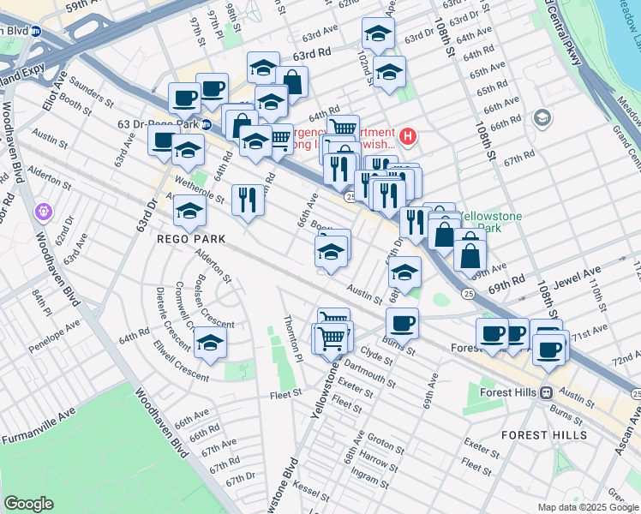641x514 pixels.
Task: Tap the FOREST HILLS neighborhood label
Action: coord(537,435)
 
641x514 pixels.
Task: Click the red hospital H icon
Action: coord(408,135)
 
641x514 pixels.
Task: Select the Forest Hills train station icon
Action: coord(546,392)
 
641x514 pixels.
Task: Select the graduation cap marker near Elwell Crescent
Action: coord(210,343)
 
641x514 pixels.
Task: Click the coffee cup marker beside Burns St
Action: coord(402,323)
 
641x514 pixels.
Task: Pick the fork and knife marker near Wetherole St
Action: coord(248,200)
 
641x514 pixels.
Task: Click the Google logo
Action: coord(28,504)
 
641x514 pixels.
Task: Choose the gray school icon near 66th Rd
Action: coord(542,116)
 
